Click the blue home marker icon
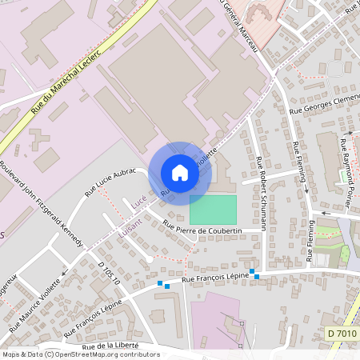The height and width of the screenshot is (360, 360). pyautogui.click(x=180, y=173)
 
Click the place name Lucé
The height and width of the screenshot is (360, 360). pyautogui.click(x=137, y=205)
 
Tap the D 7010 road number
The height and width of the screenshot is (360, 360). pyautogui.click(x=341, y=332)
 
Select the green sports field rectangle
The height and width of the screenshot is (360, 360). pyautogui.click(x=213, y=210)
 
